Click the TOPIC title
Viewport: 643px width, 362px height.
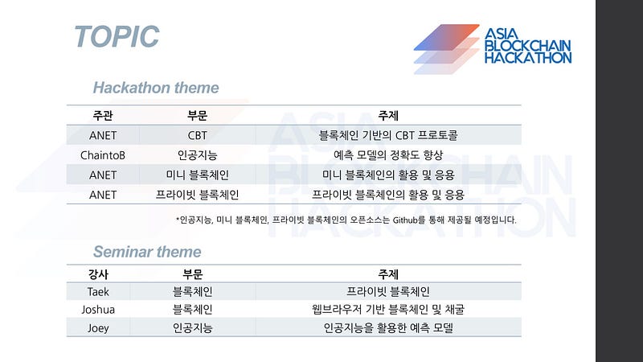[x=117, y=36]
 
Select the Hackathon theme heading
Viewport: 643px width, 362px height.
[x=156, y=88]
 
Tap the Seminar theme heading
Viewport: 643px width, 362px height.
[x=147, y=252]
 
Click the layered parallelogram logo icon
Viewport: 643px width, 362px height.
[x=447, y=49]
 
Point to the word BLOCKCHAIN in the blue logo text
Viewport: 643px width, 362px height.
[x=528, y=46]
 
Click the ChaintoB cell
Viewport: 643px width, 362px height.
[x=103, y=155]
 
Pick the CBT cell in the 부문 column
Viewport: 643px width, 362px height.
[x=197, y=135]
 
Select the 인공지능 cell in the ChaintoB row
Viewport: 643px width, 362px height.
[x=197, y=155]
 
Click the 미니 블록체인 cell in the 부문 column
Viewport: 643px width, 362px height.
[x=197, y=175]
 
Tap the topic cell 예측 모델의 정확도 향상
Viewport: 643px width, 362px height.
[x=388, y=155]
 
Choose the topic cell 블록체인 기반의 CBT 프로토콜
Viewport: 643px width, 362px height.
[x=388, y=135]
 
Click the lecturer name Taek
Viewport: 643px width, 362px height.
[x=98, y=291]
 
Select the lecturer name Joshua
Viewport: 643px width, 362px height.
[x=98, y=310]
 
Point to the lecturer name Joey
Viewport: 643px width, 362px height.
[x=98, y=328]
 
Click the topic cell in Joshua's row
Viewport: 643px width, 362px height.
[x=388, y=310]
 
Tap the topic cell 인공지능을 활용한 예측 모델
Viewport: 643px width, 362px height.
[x=388, y=328]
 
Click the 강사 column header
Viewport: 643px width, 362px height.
[x=98, y=274]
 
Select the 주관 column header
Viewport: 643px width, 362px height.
[x=103, y=115]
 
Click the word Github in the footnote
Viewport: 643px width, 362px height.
[x=405, y=220]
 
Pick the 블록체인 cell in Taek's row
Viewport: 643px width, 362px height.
[x=192, y=291]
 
